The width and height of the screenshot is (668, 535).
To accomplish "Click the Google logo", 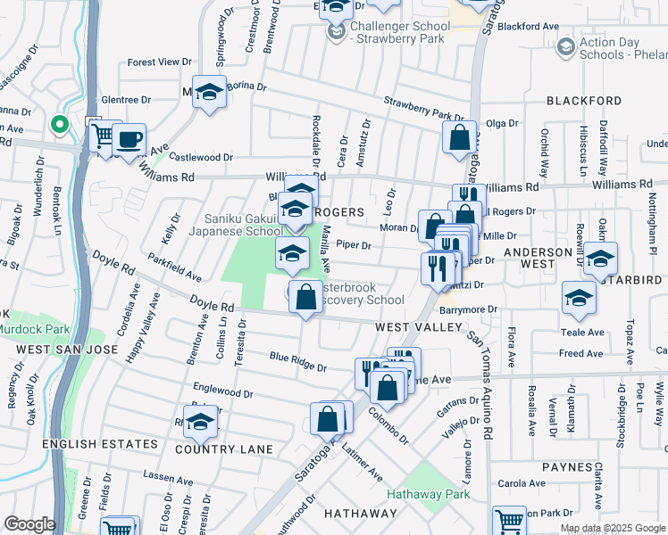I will point(29,524).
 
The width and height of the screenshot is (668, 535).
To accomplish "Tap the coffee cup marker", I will point(129,140).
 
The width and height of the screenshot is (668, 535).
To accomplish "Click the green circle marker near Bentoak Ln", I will point(61,125).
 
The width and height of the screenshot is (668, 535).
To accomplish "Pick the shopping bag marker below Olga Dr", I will point(459,138).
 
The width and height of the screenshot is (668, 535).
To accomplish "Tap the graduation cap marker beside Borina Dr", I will point(210,94).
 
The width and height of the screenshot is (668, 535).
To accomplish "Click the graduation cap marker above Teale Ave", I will point(579,300).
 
